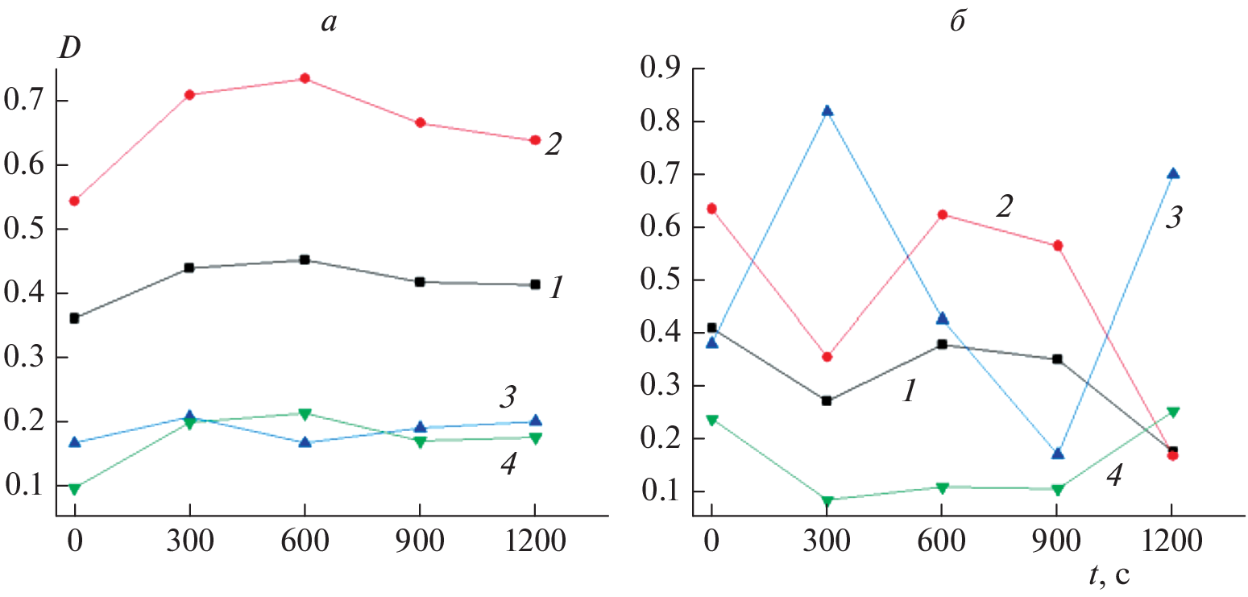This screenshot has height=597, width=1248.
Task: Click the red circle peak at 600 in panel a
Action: pyautogui.click(x=305, y=78)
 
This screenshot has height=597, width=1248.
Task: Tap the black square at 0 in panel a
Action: pyautogui.click(x=75, y=318)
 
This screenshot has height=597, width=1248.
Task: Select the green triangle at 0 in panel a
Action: pyautogui.click(x=75, y=489)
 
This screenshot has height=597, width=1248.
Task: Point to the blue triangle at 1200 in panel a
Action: pyautogui.click(x=535, y=421)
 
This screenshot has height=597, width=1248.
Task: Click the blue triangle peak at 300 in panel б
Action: pyautogui.click(x=827, y=110)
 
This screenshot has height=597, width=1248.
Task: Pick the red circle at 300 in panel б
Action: pyautogui.click(x=827, y=356)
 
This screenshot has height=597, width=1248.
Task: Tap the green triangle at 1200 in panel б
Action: pyautogui.click(x=1173, y=412)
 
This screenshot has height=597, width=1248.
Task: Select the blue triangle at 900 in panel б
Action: pyautogui.click(x=1058, y=454)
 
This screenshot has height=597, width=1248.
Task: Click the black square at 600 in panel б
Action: pyautogui.click(x=942, y=344)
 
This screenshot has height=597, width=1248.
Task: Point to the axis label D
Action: pyautogui.click(x=66, y=49)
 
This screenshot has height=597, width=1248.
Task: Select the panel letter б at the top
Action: pyautogui.click(x=957, y=21)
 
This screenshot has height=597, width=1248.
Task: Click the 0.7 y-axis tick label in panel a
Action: pyautogui.click(x=27, y=102)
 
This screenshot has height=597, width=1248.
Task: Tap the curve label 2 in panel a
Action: pyautogui.click(x=553, y=146)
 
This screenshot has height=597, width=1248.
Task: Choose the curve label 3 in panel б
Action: pyautogui.click(x=1173, y=218)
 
